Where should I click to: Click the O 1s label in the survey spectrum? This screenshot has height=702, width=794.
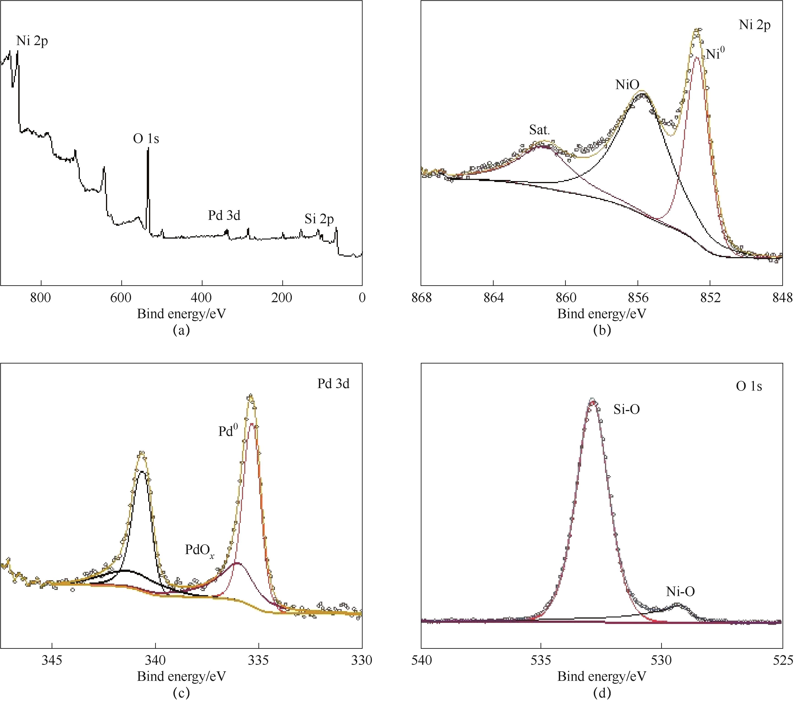coord(146,139)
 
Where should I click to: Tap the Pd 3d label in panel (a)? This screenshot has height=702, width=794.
coord(224,215)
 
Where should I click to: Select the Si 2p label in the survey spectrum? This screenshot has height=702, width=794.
coord(319,219)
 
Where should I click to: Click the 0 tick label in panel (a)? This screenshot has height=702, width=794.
coord(362,298)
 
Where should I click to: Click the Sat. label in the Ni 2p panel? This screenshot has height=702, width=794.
coord(540,130)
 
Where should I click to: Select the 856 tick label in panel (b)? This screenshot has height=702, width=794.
coord(638,298)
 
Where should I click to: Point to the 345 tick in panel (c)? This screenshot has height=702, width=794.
coord(52,660)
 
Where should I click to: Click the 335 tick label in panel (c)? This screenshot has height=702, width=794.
coord(259,660)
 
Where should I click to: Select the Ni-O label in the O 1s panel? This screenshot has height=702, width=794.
coord(680,591)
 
